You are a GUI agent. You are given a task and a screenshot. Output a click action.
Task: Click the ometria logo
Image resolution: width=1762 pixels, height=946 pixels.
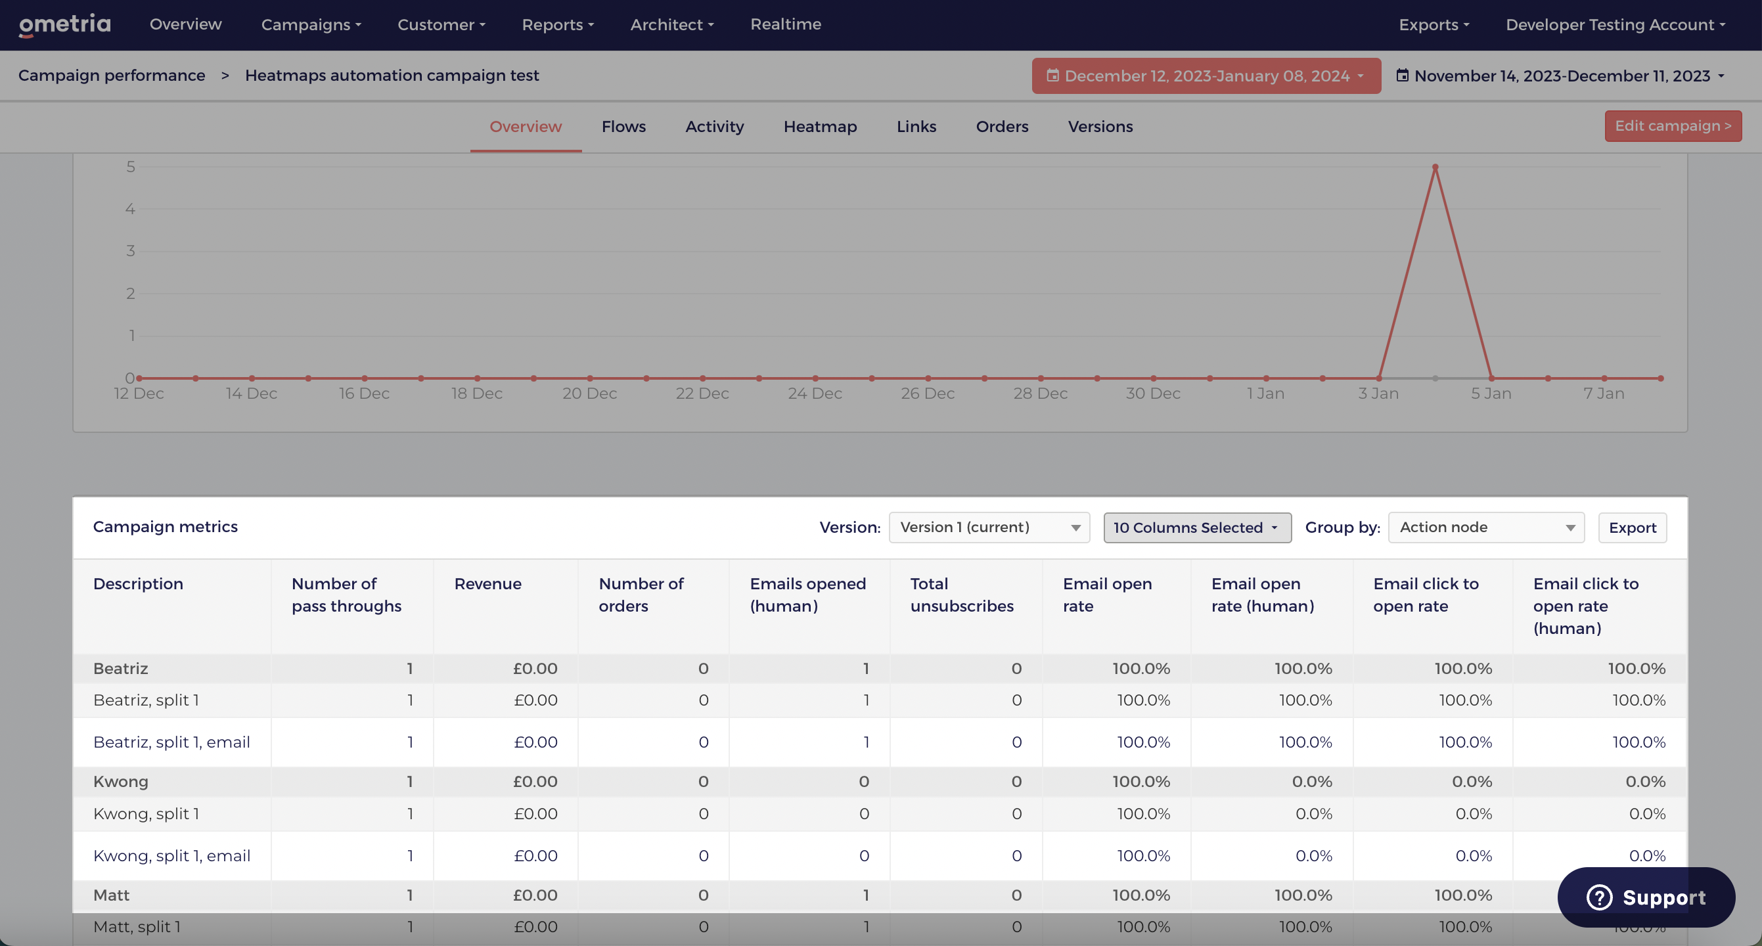coord(64,26)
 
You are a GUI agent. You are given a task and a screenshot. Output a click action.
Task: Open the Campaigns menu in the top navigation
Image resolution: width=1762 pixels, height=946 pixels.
coord(311,24)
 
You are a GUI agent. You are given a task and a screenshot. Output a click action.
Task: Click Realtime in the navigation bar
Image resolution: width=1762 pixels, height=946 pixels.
coord(785,24)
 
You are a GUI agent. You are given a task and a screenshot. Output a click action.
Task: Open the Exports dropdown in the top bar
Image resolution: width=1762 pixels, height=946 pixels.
coord(1434,24)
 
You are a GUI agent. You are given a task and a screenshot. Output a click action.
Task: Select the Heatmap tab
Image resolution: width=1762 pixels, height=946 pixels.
coord(819,127)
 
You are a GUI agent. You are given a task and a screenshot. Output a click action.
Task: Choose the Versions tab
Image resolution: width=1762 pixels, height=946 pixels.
coord(1100,127)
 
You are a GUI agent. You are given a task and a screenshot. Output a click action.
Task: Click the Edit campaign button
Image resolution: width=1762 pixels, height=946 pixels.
coord(1673,126)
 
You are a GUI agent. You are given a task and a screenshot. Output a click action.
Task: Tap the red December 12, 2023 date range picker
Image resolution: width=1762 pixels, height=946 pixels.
coord(1206,76)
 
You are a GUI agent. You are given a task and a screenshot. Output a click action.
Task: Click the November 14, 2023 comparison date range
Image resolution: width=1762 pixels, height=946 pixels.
coord(1562,76)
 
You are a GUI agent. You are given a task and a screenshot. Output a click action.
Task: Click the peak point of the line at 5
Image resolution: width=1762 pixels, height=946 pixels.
coord(1435,167)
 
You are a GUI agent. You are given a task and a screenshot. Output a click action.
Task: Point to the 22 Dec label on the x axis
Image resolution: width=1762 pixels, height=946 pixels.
coord(702,394)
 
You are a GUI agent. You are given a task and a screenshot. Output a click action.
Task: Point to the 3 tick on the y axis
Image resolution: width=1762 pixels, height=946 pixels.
coord(130,251)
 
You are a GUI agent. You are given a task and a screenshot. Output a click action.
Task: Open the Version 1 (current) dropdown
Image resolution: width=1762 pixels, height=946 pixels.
coord(988,528)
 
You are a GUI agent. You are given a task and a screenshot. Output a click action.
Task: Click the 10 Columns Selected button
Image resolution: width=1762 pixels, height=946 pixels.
coord(1197,528)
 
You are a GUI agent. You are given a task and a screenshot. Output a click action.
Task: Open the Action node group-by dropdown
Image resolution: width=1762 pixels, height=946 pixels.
coord(1485,528)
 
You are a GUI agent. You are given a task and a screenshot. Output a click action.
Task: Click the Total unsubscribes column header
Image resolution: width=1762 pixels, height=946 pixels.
coord(961,595)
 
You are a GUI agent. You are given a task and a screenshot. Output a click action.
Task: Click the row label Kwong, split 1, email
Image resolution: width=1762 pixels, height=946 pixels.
coord(171,856)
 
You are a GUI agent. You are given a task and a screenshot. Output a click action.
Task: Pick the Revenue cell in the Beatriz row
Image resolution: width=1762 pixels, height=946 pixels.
coord(535,668)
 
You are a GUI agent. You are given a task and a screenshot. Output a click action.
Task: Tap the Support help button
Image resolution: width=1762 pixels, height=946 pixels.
coord(1646,897)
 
